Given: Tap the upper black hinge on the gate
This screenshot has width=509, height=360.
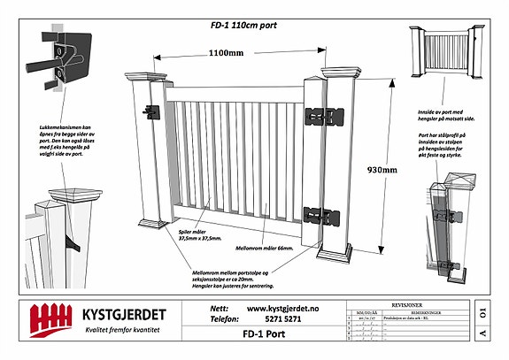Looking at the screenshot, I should [x=324, y=119].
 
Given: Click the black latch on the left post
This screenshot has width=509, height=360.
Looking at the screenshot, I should [x=151, y=111].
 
